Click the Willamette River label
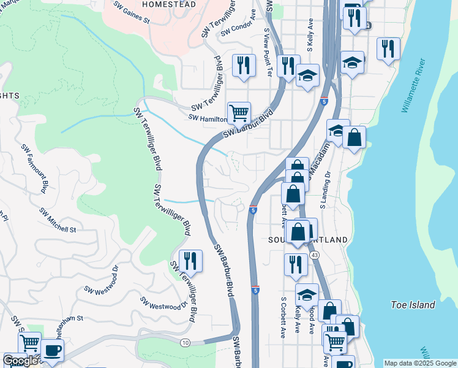(413, 86)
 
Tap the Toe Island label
(413, 305)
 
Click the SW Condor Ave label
(238, 26)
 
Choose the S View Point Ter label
(267, 52)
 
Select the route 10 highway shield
(186, 342)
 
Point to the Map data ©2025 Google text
(420, 363)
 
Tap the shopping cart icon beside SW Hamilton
(239, 112)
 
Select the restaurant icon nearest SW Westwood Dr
(190, 261)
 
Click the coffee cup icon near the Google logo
(52, 350)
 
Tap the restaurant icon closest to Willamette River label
(388, 48)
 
